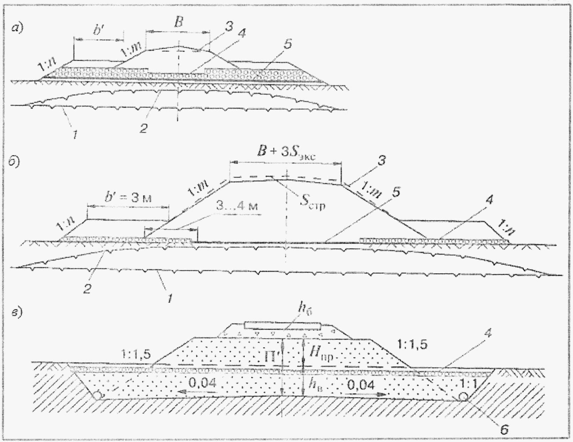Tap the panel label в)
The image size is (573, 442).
pos(17,312)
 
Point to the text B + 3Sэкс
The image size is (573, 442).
pos(286,153)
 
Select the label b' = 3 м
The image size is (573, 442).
pos(128,198)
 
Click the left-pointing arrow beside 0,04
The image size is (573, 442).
pos(187,392)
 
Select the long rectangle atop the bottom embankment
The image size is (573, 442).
pos(282,326)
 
